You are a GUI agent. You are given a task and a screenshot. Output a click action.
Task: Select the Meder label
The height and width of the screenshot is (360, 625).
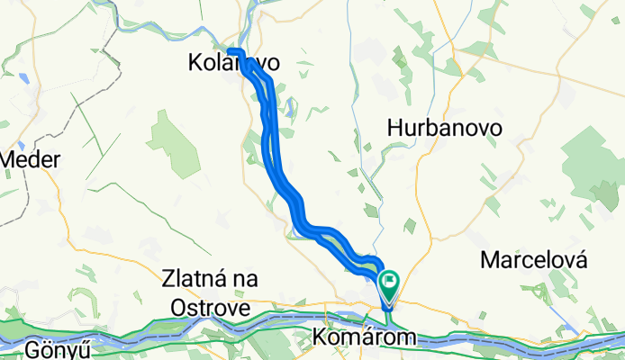[31, 160]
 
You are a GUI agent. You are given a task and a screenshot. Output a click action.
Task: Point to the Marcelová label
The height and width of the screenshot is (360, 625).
[534, 260]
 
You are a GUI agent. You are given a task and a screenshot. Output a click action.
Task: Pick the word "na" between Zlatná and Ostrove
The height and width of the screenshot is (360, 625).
[244, 281]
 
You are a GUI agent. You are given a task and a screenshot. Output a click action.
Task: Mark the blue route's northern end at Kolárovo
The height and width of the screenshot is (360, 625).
[230, 50]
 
